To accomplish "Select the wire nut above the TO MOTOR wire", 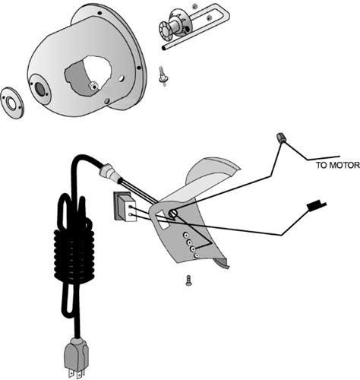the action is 280,138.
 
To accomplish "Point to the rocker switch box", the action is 124,206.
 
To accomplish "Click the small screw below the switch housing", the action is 188,280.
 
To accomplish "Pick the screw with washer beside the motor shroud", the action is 163,77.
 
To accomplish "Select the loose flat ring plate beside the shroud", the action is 12,103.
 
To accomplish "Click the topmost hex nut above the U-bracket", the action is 194,6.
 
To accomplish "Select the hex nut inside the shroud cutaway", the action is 93,86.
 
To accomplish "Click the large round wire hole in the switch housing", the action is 172,214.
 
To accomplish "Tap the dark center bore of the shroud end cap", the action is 39,89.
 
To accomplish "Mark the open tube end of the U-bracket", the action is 164,48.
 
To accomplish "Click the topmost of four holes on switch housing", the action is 186,235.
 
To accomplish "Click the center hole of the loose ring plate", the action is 11,103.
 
